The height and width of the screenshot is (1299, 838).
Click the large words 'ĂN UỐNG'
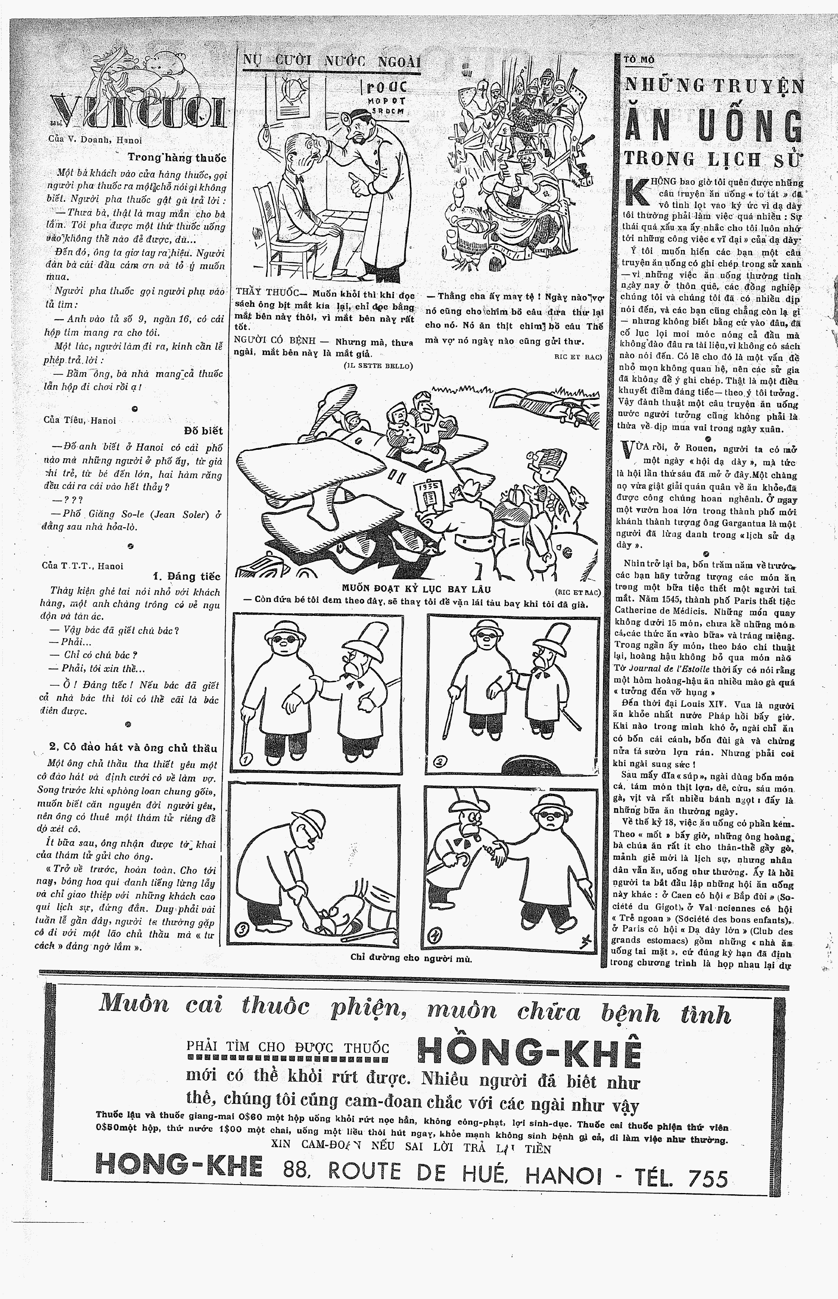click(713, 126)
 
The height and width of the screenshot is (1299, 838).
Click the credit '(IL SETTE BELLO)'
click(378, 366)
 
